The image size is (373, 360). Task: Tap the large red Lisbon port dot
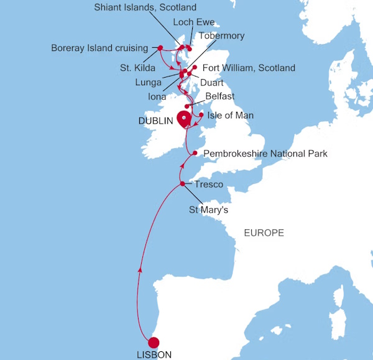point(153,342)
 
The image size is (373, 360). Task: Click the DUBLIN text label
point(155,122)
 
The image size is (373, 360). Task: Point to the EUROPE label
point(264,233)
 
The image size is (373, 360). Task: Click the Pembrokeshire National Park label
point(265,153)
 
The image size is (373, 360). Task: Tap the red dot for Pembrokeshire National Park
point(195,153)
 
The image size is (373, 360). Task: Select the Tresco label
point(208,185)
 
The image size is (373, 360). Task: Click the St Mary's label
point(209,211)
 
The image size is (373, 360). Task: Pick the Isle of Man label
point(230,116)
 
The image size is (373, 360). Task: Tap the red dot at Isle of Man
point(201,115)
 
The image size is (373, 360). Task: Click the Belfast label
point(219,97)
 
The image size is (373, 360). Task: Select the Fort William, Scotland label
point(249,68)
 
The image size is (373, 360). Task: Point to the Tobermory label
point(221,36)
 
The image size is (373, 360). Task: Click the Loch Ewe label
point(193,22)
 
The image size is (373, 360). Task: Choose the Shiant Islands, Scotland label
point(144,8)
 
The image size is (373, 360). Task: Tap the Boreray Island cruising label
point(99,47)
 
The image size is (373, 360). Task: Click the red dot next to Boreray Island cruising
point(160,48)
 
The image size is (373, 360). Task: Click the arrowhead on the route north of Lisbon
point(139,270)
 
